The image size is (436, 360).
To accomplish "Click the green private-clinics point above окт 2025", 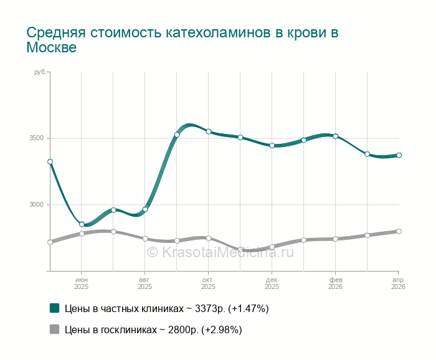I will (209, 131).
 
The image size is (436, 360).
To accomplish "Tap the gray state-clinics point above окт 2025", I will (209, 238).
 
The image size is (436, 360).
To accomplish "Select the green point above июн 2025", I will (82, 224).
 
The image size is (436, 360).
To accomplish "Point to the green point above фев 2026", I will (335, 136).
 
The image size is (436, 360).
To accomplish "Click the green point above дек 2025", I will (272, 145).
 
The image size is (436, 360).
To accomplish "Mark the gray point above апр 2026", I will (399, 231).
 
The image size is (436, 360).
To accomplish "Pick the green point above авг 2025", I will (145, 209).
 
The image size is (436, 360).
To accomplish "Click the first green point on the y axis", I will (50, 161).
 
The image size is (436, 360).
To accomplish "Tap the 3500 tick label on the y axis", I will (37, 138).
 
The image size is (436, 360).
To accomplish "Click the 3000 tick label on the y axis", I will (37, 205).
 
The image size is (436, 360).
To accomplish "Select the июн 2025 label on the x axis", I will (82, 283).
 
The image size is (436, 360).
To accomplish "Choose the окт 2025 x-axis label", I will (209, 283).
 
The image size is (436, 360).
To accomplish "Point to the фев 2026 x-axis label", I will (335, 283).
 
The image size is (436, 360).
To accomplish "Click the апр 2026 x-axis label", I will (399, 283).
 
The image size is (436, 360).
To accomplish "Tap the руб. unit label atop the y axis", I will (40, 73).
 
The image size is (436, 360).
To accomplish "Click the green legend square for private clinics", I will (54, 308).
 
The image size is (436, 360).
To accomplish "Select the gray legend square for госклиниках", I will (54, 329).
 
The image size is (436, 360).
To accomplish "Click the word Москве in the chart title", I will (52, 47).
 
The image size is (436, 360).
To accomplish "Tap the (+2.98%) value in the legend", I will (221, 329).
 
